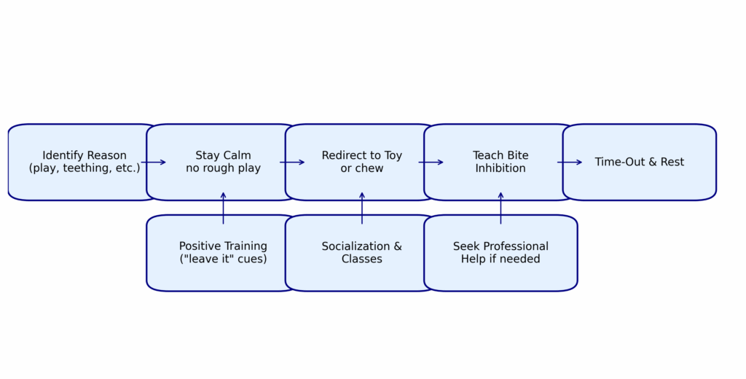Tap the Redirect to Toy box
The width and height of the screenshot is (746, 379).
tap(361, 162)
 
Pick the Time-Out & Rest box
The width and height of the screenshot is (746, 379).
tap(640, 162)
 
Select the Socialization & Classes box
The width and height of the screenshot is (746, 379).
tap(361, 253)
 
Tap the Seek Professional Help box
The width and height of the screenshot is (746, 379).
tap(500, 253)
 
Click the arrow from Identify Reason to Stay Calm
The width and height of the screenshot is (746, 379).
tap(153, 163)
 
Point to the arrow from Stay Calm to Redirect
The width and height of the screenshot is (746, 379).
tap(292, 163)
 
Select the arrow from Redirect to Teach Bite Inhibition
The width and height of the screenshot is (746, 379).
tap(431, 163)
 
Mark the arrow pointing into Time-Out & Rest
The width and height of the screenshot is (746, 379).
tap(570, 163)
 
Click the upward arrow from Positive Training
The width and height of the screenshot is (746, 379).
tap(223, 208)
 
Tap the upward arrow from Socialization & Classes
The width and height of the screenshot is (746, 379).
tap(362, 208)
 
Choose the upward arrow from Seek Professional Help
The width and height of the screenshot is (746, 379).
tap(500, 208)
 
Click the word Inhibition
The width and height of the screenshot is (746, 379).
tap(500, 168)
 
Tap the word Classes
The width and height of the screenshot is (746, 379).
tap(361, 259)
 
